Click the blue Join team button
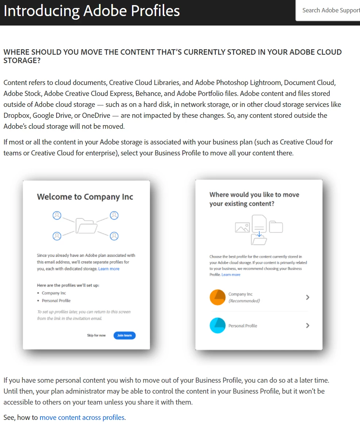click(x=124, y=335)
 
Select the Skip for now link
click(x=96, y=335)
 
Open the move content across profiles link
click(x=82, y=417)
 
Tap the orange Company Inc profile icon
click(x=217, y=297)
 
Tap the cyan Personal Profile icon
click(x=217, y=325)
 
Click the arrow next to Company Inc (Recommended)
click(x=307, y=297)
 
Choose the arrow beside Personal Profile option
click(x=307, y=325)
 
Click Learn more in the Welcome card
click(x=109, y=269)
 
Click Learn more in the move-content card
click(x=231, y=275)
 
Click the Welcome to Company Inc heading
click(x=85, y=197)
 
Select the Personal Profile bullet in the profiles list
click(x=56, y=301)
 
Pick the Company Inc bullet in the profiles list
click(x=54, y=293)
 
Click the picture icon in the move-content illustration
click(x=242, y=228)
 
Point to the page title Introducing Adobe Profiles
click(x=92, y=11)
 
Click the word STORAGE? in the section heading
click(x=22, y=61)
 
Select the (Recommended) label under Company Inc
click(x=244, y=301)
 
